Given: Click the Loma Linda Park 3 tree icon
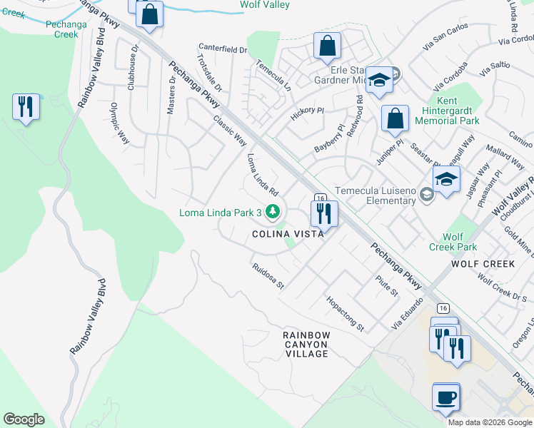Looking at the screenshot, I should (272, 211).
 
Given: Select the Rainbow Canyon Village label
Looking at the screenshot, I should (306, 344).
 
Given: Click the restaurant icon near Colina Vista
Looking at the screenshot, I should (323, 212).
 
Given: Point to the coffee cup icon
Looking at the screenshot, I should (446, 397).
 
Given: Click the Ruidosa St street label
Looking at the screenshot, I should (268, 275).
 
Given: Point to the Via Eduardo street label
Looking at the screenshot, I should (408, 313).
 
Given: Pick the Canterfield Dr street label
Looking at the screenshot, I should (223, 50).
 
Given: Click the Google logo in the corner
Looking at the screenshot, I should (24, 419).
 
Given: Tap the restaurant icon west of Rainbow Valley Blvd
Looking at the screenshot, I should (26, 107).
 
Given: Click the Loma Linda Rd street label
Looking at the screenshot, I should (262, 175).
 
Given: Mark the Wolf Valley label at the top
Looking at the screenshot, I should (264, 5).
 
